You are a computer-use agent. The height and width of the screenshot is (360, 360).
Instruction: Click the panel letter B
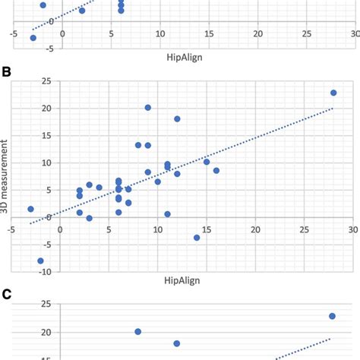pyautogui.click(x=7, y=74)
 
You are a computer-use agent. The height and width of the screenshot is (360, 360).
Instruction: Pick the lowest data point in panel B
pyautogui.click(x=40, y=261)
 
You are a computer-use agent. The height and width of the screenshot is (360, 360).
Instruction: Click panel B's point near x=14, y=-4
pyautogui.click(x=197, y=238)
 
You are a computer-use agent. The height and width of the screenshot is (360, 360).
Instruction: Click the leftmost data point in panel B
pyautogui.click(x=30, y=209)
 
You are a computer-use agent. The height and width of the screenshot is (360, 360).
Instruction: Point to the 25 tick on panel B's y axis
pyautogui.click(x=24, y=81)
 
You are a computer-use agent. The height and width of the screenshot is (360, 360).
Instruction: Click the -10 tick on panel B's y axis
pyautogui.click(x=23, y=271)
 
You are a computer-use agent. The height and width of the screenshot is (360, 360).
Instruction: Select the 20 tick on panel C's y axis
pyautogui.click(x=24, y=332)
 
